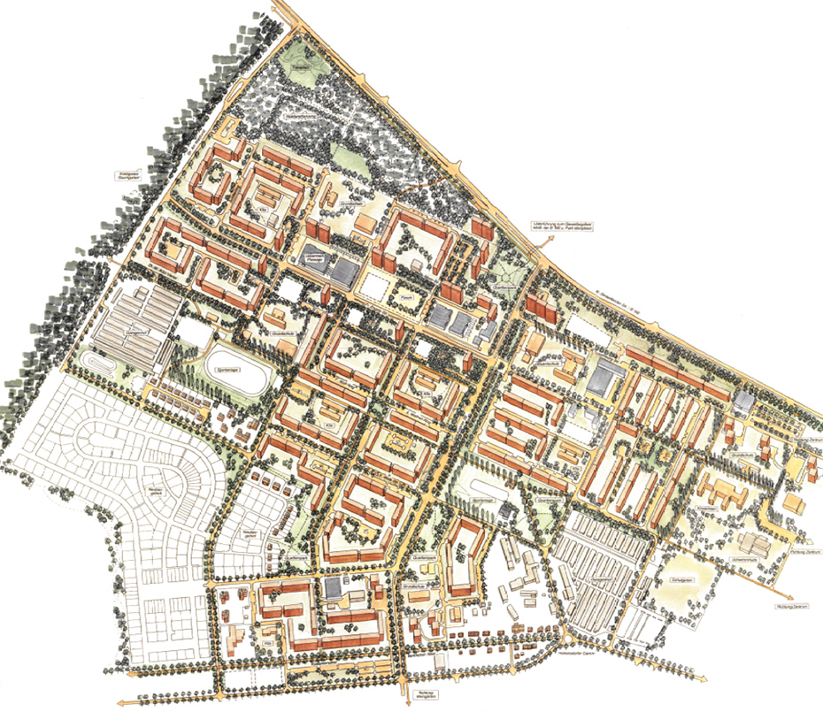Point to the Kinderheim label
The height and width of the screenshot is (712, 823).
tap(704, 509)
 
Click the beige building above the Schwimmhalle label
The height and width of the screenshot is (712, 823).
tap(749, 540)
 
